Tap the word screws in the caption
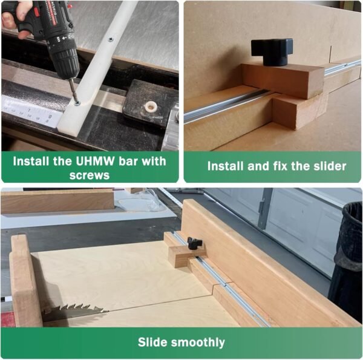click(90, 175)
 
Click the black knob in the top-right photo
click(272, 52)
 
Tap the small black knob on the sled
click(195, 243)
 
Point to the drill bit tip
click(76, 101)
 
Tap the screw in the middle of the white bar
click(111, 40)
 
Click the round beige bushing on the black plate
click(151, 106)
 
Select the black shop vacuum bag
click(346, 260)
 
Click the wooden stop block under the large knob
click(283, 80)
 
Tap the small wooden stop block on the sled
click(185, 255)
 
